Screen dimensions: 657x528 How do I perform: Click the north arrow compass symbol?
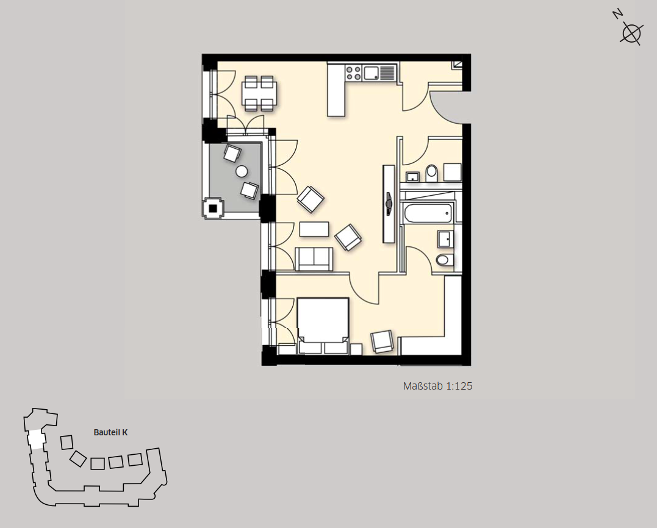[x=631, y=33]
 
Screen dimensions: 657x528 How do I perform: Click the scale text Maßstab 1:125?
[x=437, y=386]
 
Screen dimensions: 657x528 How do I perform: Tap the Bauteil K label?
[x=110, y=432]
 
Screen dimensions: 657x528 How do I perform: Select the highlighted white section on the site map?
[x=36, y=439]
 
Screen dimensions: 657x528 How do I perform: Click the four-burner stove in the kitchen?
[x=353, y=73]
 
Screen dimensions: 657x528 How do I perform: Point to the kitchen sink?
[x=372, y=73]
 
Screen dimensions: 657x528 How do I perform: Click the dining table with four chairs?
[x=259, y=93]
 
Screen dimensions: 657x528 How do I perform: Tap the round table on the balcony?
[x=242, y=171]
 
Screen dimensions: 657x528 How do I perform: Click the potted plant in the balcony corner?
[x=214, y=208]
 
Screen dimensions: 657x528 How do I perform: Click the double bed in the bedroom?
[x=323, y=326]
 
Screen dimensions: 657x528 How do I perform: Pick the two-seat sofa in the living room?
[x=314, y=259]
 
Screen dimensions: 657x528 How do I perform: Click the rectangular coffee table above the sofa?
[x=314, y=229]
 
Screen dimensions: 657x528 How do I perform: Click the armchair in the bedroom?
[x=382, y=341]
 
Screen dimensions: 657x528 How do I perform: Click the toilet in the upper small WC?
[x=431, y=173]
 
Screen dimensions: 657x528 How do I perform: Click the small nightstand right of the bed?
[x=357, y=349]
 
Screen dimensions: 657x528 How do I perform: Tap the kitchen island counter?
[x=337, y=89]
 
